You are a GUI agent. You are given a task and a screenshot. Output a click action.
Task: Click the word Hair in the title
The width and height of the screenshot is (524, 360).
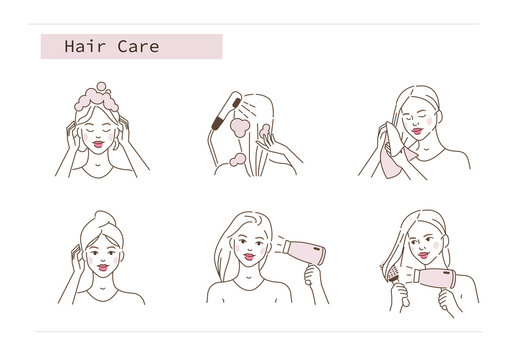coord(81,46)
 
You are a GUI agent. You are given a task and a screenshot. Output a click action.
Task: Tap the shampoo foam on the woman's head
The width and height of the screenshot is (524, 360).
coord(103,99)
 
